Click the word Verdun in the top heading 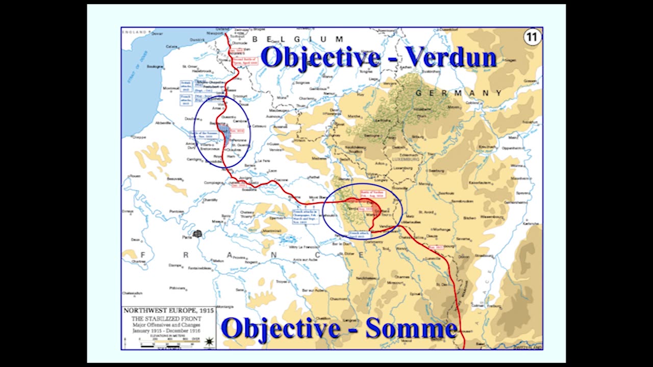[x=451, y=58]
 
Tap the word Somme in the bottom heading [x=411, y=328]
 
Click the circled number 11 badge [x=532, y=38]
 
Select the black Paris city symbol [x=197, y=233]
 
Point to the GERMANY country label [x=459, y=93]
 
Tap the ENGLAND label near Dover [x=134, y=32]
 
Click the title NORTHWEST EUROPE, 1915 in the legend [x=168, y=310]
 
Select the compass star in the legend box [x=208, y=340]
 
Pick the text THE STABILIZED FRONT [x=168, y=319]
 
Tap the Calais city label [x=172, y=46]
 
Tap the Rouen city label [x=135, y=176]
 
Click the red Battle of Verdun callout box [x=373, y=194]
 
